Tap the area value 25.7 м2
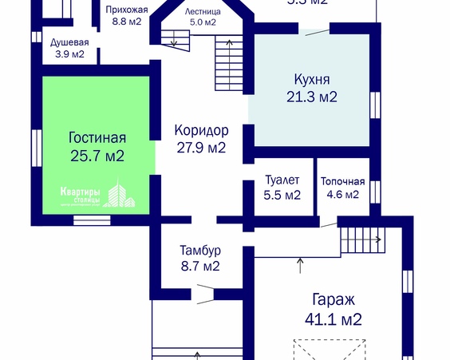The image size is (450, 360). [97, 155]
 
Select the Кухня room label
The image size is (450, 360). [311, 80]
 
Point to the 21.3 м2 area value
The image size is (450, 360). [311, 97]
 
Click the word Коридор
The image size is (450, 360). [201, 130]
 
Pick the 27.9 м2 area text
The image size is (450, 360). [201, 147]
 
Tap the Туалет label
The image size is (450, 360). [282, 180]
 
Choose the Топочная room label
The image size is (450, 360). [343, 181]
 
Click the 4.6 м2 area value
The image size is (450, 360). [343, 194]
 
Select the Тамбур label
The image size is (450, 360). [200, 250]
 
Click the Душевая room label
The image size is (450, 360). [69, 42]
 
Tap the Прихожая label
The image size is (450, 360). [127, 9]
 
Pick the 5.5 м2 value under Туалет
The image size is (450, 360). [282, 194]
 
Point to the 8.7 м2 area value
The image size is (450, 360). [200, 266]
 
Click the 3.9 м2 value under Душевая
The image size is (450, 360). [69, 54]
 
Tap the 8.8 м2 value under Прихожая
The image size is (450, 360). [127, 21]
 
